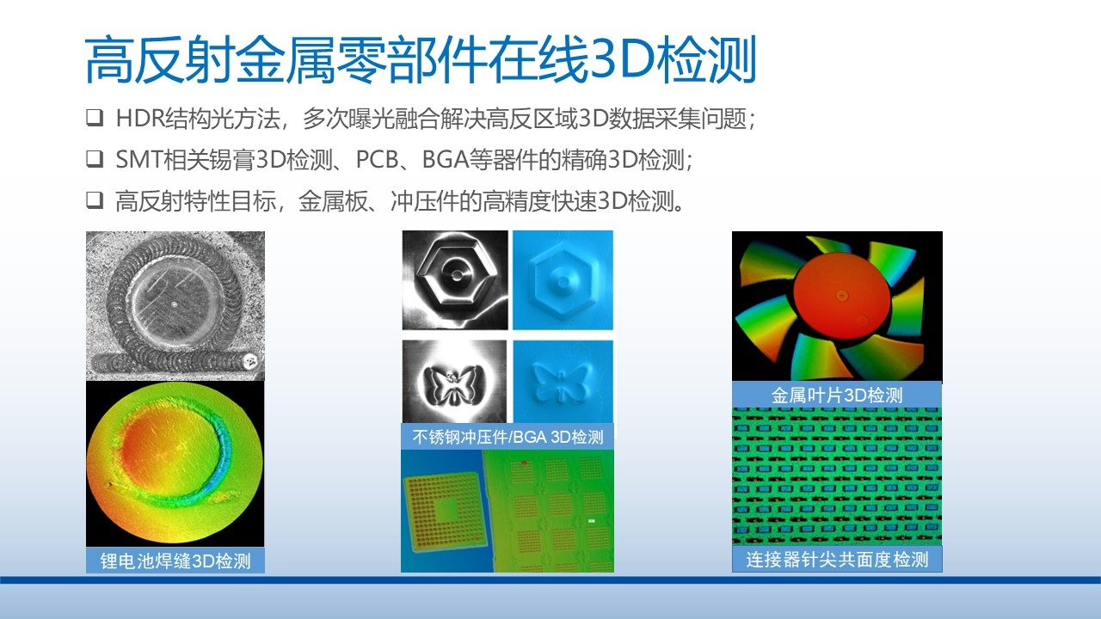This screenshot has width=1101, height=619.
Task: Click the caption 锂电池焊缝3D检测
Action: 175,561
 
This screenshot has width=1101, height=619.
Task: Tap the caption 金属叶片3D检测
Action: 837,395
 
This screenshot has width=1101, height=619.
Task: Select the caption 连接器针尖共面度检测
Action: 837,560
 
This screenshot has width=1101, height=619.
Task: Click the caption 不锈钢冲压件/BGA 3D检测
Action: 507,437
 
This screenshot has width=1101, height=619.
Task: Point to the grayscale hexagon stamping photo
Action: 455,280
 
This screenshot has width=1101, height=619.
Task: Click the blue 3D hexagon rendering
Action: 563,280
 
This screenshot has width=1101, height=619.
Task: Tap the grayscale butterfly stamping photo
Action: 454,382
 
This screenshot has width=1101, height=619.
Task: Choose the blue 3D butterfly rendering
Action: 563,382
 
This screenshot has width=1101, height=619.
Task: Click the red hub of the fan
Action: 841,301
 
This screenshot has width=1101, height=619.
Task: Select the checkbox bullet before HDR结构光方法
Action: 95,118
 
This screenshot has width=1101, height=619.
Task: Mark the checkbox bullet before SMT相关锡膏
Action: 95,159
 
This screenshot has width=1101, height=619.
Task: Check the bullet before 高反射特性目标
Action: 95,200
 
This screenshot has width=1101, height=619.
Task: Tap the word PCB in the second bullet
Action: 377,159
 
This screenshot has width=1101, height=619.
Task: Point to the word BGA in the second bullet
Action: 445,159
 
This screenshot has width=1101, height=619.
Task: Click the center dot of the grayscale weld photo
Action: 174,304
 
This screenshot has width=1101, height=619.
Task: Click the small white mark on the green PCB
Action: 591,521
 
